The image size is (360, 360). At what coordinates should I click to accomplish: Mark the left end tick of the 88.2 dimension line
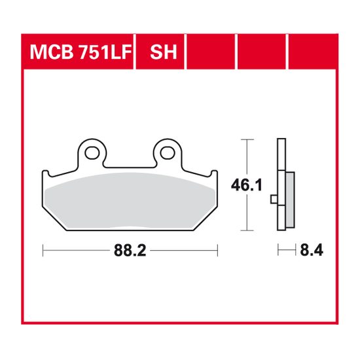pos(43,249)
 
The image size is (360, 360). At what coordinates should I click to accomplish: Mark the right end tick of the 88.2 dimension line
pos(217,249)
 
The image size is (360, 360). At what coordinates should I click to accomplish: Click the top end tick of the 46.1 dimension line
pos(246,139)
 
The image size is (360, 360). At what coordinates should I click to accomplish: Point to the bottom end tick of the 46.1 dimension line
pos(246,231)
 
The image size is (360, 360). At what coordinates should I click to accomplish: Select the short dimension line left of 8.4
pos(285,249)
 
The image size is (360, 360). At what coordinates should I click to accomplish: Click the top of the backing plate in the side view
pos(281,141)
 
